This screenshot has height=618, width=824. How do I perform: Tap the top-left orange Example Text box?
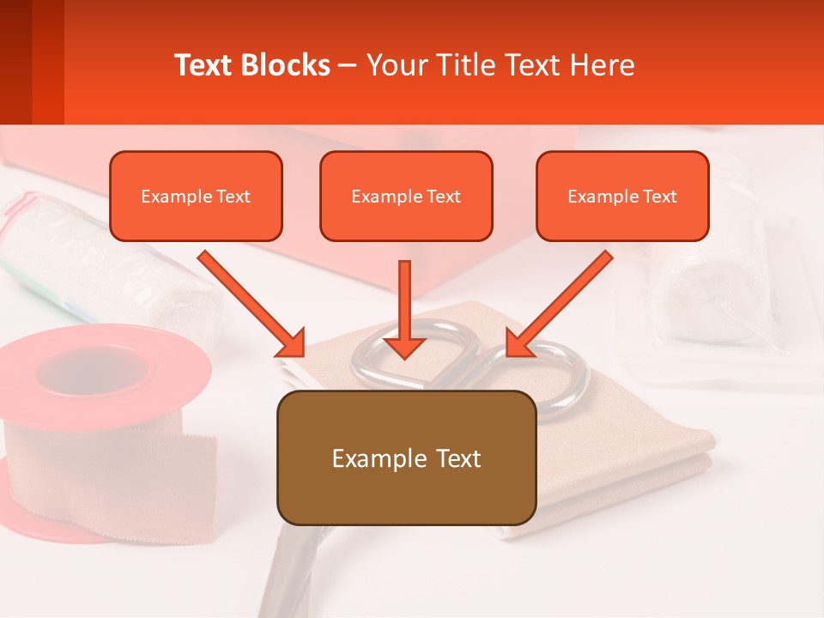coord(196,196)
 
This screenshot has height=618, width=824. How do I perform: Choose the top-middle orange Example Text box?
coord(406,196)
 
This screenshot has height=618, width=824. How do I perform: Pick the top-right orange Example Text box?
coord(622,196)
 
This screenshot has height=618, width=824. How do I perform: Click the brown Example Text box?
coord(406,457)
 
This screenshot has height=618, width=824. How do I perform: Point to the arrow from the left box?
coord(251,303)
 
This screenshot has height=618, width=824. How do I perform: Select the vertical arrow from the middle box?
coord(404,309)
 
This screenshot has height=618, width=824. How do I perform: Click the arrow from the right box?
coord(560,303)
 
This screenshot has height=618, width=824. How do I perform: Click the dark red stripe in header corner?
coord(15,62)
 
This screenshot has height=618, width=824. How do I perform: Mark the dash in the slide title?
coord(348,65)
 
